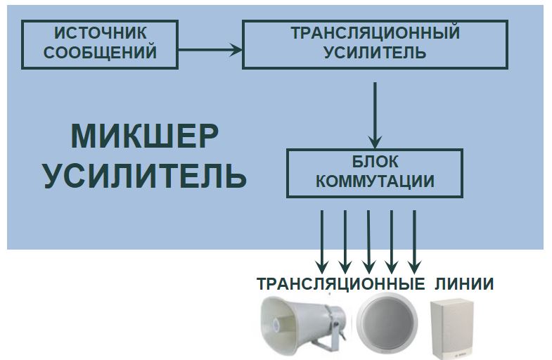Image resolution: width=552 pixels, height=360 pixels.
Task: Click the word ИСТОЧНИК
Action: pos(101,33)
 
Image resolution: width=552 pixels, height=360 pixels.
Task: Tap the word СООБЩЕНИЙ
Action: pos(101,52)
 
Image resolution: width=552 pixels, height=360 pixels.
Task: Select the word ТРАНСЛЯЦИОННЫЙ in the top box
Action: pos(376,33)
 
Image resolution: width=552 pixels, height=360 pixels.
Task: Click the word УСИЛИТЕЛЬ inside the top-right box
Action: pos(376,52)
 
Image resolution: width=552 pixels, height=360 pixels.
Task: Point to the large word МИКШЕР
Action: pos(145,136)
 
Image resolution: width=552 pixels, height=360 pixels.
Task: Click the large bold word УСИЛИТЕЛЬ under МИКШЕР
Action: pos(145,175)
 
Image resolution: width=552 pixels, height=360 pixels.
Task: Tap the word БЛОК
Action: pos(376,162)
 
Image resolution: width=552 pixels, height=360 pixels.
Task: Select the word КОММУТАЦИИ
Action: pos(376,181)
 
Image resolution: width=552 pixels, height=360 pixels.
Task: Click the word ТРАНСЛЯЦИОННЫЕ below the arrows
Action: pos(341,283)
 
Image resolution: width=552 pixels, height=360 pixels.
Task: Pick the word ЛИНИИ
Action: pos(464,283)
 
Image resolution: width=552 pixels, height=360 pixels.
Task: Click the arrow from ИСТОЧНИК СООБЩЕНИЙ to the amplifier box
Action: pos(210,50)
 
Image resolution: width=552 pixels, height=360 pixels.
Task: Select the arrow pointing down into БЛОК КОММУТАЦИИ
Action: pos(375,116)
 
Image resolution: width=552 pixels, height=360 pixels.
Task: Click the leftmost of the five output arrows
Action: pos(322,242)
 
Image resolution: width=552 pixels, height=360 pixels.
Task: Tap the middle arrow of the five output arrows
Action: pos(368,242)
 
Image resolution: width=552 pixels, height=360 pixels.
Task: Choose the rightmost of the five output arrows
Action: pos(414,242)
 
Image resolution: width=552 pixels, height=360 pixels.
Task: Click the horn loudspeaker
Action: pos(303,324)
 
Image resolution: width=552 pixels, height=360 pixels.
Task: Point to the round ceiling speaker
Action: pos(387,323)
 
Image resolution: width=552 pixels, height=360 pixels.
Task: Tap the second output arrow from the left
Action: pos(345,242)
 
